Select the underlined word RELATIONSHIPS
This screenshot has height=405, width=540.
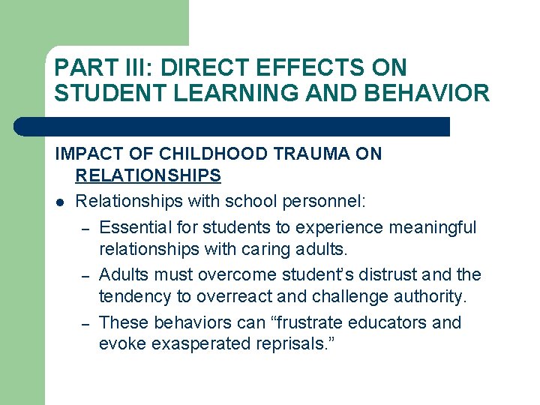tap(148, 176)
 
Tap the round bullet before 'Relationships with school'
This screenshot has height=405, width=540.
tap(59, 202)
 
